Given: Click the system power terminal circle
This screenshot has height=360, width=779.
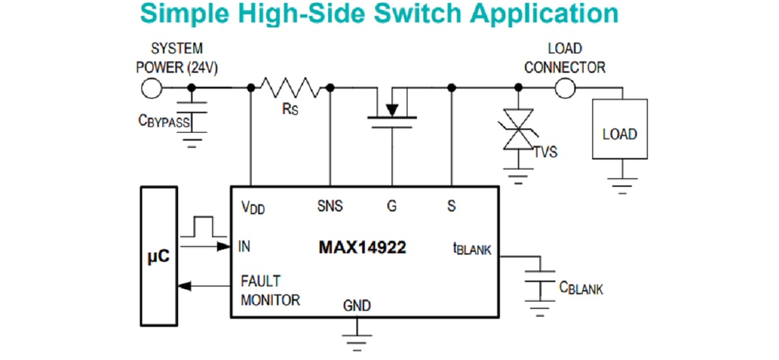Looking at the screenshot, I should [x=151, y=88].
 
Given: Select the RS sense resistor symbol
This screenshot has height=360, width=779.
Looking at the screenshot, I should [x=290, y=88].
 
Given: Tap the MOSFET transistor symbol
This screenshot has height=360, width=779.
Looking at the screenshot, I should [x=392, y=108].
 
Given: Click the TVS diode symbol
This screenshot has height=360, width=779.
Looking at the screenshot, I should [x=518, y=129].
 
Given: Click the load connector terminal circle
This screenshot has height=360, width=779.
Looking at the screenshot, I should [x=565, y=88].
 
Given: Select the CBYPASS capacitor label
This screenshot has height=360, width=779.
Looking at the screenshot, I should [x=164, y=122].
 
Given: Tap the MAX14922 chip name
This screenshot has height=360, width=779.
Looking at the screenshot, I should [x=362, y=247].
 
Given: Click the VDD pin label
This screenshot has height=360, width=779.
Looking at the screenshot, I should [x=253, y=207].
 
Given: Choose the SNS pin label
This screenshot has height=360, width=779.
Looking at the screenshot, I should [x=330, y=206].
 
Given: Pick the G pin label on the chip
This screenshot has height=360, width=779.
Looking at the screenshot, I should [x=392, y=206].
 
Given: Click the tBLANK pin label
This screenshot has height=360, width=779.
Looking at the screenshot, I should [x=471, y=248].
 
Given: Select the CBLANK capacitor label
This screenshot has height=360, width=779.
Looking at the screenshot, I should [x=581, y=288].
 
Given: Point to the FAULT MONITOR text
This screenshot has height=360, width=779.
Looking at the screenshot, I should [x=270, y=291].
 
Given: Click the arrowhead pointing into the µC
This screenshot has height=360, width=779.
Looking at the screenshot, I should [x=184, y=286].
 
